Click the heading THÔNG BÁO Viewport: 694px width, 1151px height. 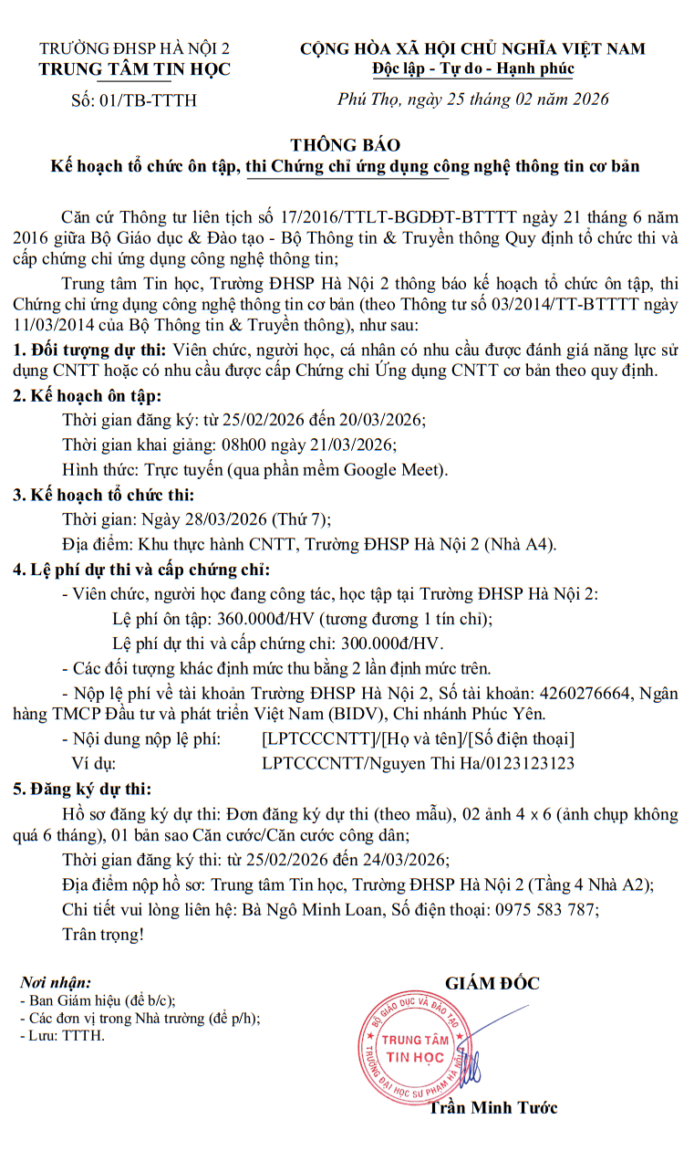coord(346,145)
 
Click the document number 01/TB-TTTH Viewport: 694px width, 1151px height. coord(146,100)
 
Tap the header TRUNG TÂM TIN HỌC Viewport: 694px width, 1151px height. coord(134,69)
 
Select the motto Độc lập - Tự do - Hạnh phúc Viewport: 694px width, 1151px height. coord(472,69)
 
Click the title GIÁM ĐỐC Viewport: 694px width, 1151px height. coord(492,983)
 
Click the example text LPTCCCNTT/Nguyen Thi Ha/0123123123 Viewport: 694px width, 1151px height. coord(418,763)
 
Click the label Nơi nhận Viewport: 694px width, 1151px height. coord(56,983)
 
